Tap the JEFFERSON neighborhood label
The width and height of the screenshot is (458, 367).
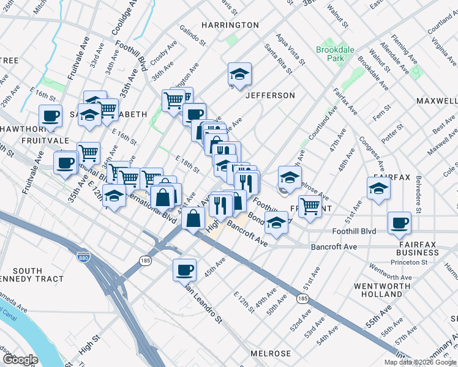coord(270,95)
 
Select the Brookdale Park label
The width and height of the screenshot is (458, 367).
coord(331,54)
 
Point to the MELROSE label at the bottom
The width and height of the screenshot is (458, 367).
coord(271,354)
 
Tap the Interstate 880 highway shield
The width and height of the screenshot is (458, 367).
coord(83,258)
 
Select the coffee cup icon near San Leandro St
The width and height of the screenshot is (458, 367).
coord(184,269)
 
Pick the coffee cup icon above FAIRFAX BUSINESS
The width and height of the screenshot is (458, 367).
coord(400,223)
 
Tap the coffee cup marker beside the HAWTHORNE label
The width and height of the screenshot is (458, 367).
coord(50,116)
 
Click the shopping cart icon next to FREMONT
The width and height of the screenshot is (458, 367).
coord(310,206)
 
